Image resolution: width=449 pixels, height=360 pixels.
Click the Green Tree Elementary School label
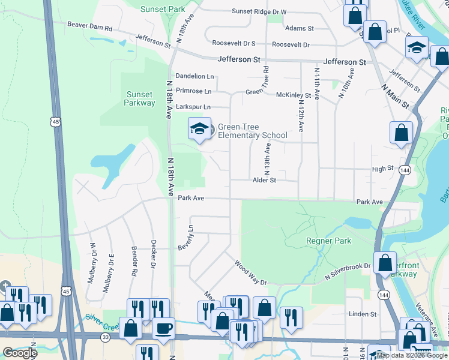pyautogui.click(x=252, y=131)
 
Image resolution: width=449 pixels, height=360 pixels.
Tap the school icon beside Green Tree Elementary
pyautogui.click(x=199, y=128)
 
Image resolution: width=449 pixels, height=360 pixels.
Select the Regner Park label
pyautogui.click(x=328, y=241)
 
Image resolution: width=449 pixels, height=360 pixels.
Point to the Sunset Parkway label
pyautogui.click(x=139, y=98)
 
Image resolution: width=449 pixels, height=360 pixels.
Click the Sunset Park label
pyautogui.click(x=163, y=10)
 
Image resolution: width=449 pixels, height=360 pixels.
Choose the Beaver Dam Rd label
pyautogui.click(x=90, y=28)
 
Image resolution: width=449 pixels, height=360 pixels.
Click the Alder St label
pyautogui.click(x=264, y=180)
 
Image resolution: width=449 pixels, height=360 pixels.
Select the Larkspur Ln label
pyautogui.click(x=194, y=107)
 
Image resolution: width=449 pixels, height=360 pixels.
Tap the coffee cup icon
pyautogui.click(x=163, y=328)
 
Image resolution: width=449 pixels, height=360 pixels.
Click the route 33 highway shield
pyautogui.click(x=106, y=337)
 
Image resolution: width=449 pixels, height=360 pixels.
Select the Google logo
pyautogui.click(x=20, y=352)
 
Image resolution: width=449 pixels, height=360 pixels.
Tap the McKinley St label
pyautogui.click(x=293, y=95)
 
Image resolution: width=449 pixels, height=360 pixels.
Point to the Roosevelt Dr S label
pyautogui.click(x=234, y=44)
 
